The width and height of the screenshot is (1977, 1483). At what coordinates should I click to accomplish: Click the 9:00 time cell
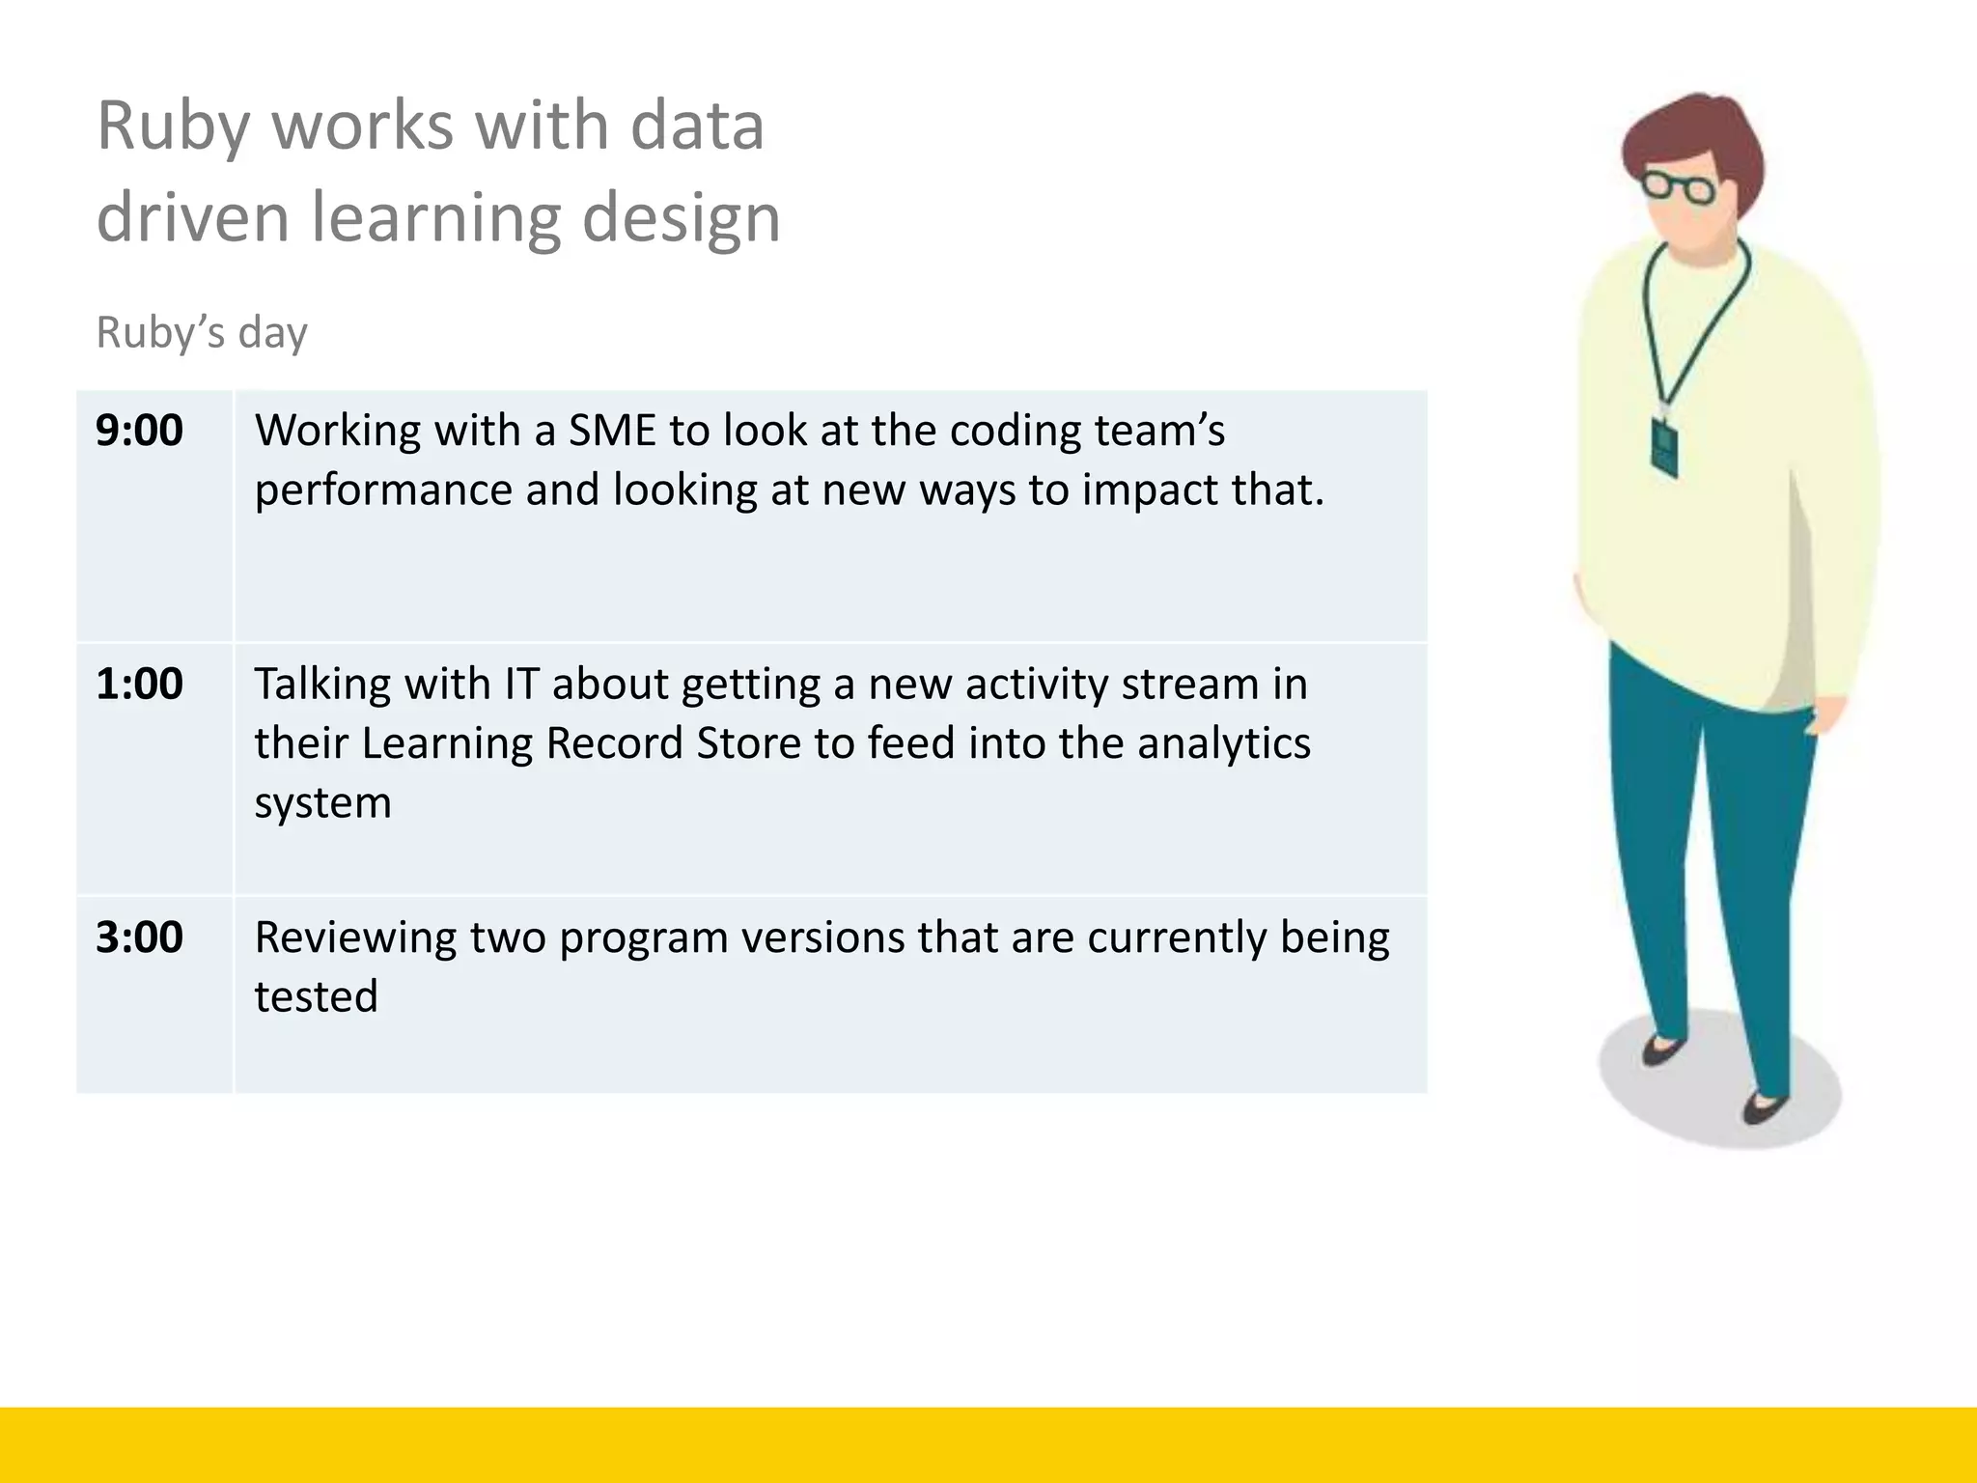139,431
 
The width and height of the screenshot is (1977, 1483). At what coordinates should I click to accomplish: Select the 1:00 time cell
139,685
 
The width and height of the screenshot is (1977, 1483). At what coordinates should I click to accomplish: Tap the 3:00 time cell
139,937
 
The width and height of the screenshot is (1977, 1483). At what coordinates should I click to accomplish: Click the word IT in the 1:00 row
520,685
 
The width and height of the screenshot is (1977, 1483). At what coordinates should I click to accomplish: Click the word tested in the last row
316,997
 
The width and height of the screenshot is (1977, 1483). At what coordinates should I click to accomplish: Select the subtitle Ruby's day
202,333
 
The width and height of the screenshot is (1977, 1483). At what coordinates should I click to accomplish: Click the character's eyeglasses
1678,185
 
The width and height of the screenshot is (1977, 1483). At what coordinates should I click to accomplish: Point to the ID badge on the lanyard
1664,446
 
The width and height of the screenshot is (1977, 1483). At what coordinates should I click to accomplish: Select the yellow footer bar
988,1444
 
